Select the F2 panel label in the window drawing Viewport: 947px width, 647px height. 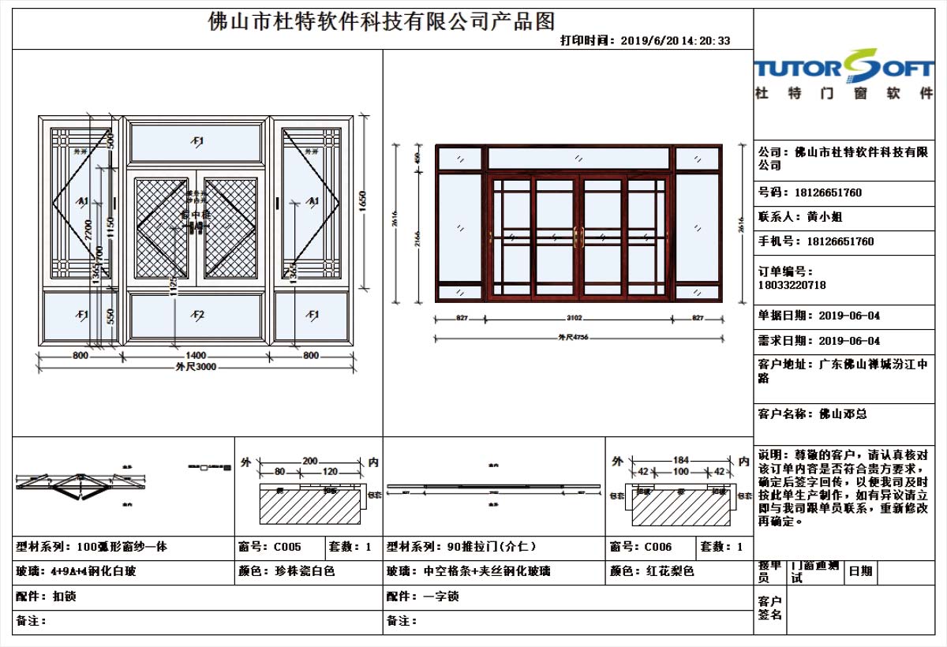(197, 315)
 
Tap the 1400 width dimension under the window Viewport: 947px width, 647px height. (196, 356)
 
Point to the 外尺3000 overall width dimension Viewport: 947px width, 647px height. (196, 368)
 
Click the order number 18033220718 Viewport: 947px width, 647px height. (792, 285)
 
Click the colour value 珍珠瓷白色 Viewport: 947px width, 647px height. (305, 571)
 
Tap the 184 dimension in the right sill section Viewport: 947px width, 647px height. (681, 460)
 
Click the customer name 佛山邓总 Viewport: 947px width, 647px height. (843, 413)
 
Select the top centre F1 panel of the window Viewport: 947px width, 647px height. (197, 141)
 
